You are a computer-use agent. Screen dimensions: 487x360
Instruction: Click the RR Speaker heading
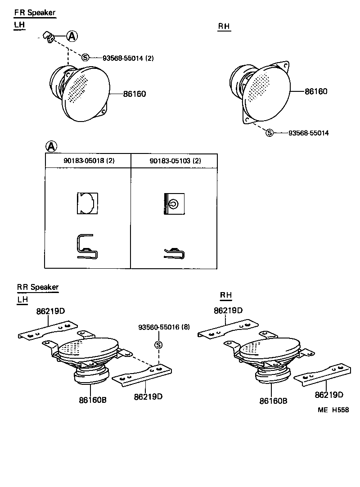38,287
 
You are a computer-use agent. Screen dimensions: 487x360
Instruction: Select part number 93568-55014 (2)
128,58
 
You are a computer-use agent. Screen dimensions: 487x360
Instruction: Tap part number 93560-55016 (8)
164,328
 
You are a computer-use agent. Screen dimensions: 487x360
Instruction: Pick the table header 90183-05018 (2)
87,161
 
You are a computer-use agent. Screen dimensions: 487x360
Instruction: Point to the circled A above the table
52,146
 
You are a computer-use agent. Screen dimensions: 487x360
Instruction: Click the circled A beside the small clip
72,36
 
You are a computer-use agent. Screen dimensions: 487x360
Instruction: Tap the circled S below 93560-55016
158,345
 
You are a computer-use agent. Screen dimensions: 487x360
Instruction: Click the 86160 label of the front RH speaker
316,91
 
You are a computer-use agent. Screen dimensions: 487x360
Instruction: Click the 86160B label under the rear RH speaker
273,401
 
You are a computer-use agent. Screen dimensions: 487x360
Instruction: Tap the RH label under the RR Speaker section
226,295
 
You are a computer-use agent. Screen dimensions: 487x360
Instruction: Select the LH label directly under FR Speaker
19,25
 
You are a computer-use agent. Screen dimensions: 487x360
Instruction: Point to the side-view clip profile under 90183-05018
88,248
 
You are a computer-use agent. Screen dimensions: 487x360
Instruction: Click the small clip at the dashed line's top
48,37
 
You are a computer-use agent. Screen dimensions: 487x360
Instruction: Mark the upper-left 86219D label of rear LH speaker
50,311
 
